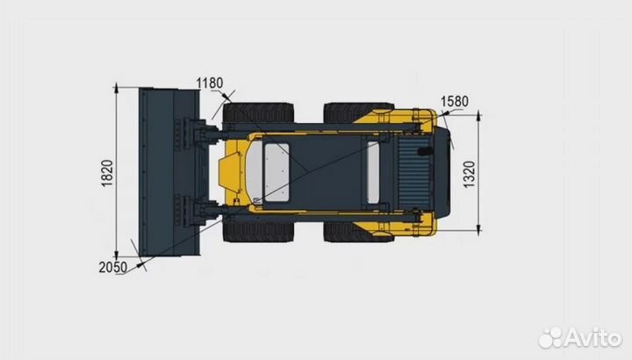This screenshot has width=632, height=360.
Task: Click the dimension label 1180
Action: tap(210, 83)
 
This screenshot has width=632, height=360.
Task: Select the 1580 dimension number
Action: tap(454, 100)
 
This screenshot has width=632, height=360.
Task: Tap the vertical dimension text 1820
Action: tap(106, 173)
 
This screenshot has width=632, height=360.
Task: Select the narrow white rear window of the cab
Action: tap(373, 172)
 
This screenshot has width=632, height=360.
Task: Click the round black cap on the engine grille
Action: tap(427, 151)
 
